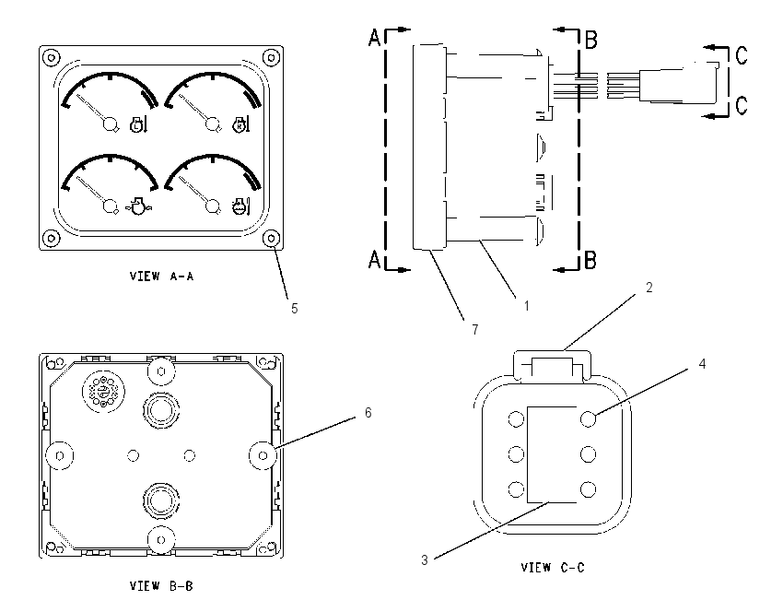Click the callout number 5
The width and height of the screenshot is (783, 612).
click(x=295, y=309)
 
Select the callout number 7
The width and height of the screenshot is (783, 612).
click(x=475, y=330)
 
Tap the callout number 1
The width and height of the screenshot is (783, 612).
click(x=526, y=306)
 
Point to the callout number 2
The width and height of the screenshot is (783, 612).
click(x=649, y=288)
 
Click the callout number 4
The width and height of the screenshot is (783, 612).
click(x=702, y=364)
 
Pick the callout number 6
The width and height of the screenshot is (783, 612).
click(x=368, y=413)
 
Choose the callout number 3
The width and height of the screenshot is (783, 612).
click(x=425, y=560)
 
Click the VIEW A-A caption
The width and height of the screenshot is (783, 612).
click(x=161, y=277)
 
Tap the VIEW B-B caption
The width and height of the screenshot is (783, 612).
click(x=161, y=585)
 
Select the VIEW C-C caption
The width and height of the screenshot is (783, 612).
click(x=553, y=568)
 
